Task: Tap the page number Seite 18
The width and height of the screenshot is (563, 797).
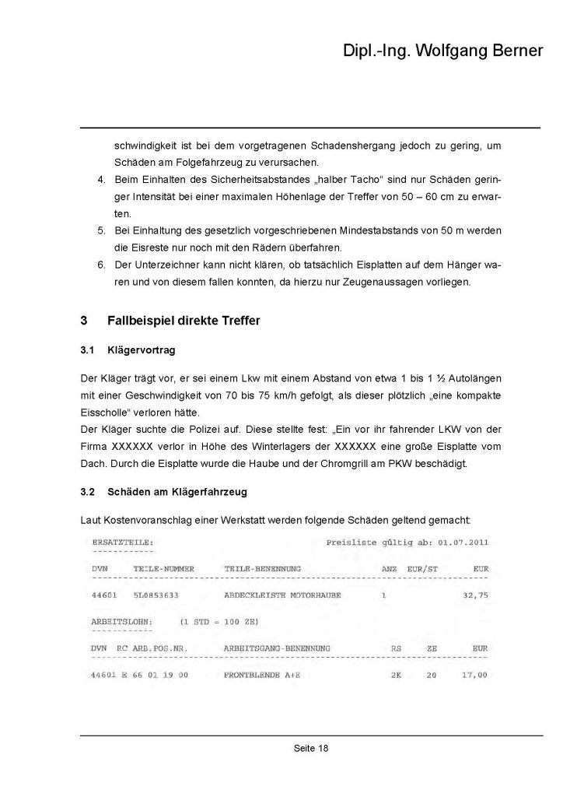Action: tap(311, 749)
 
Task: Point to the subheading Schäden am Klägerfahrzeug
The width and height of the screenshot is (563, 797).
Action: tap(178, 493)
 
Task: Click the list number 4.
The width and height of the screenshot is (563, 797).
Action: tap(101, 181)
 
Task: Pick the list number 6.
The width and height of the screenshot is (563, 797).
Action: tap(101, 265)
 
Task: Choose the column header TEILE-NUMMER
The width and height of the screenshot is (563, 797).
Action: tap(163, 569)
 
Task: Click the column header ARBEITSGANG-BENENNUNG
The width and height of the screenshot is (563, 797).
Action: tap(277, 648)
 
